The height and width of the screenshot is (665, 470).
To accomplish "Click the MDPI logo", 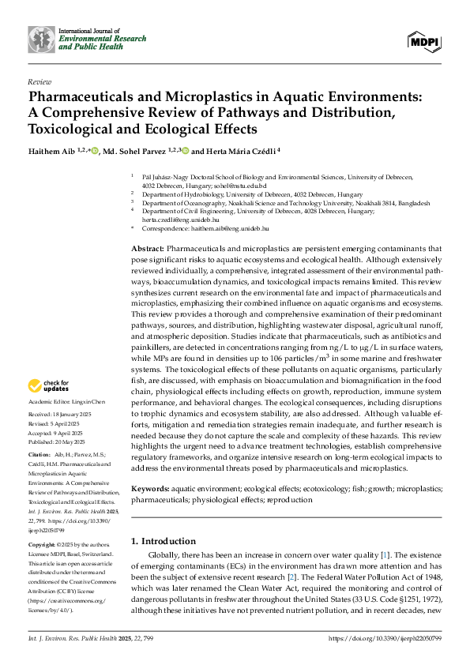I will (x=423, y=41).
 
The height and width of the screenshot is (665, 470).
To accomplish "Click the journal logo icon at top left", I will (x=41, y=39).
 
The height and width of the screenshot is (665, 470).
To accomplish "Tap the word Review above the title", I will (x=39, y=81).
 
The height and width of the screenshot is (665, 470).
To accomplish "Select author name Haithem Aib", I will (x=55, y=151).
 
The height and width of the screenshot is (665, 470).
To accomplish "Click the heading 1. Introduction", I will (x=164, y=541).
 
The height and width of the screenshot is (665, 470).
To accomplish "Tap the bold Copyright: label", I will (x=43, y=545).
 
